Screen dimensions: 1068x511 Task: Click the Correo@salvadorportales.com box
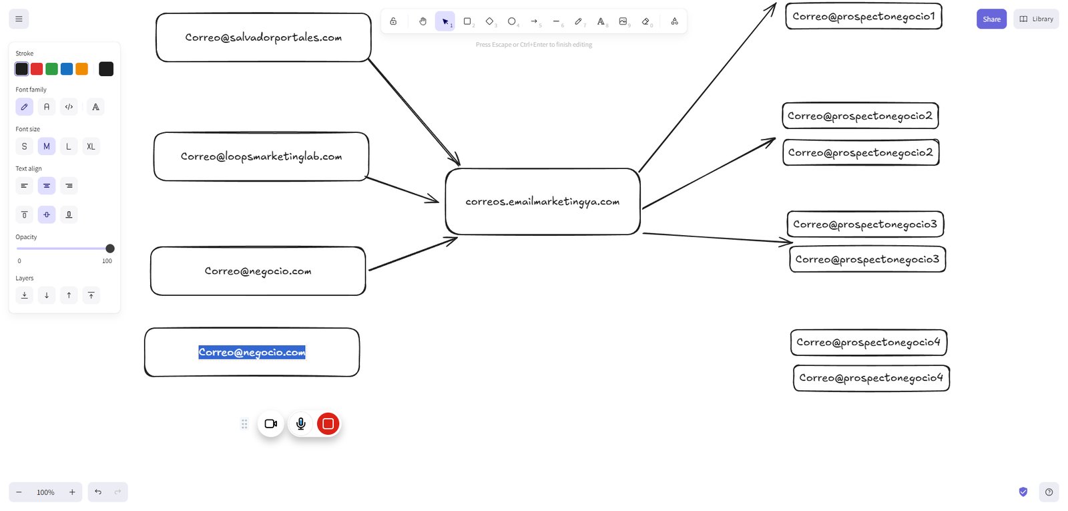click(263, 37)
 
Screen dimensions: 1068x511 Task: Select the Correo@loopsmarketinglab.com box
click(261, 156)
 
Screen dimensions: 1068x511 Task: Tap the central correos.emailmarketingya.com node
click(543, 201)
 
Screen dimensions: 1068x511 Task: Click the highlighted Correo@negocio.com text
click(252, 352)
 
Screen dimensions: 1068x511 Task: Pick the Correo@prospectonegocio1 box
click(864, 16)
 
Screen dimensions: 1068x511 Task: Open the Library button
click(1036, 19)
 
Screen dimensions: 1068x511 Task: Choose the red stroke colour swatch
click(37, 69)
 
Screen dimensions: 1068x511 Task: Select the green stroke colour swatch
click(51, 69)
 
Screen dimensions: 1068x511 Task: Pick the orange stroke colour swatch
click(81, 69)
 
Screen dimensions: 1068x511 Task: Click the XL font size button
click(91, 146)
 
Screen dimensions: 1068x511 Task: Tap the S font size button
click(24, 146)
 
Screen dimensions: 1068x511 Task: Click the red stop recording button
click(328, 423)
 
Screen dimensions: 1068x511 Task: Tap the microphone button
click(301, 423)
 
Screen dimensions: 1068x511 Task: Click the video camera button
click(271, 423)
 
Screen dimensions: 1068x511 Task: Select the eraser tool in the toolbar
click(646, 21)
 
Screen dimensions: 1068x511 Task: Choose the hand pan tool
click(423, 21)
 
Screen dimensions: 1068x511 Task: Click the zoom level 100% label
click(45, 492)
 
